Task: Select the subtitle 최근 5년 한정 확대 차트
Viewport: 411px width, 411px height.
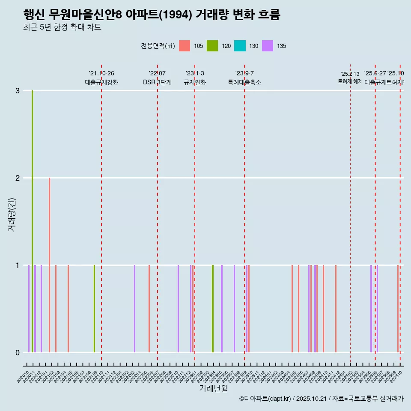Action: [63, 28]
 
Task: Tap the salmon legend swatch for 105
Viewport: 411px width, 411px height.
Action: [184, 46]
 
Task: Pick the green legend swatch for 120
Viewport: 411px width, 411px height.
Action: [212, 46]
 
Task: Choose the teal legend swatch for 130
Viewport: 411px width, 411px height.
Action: [240, 46]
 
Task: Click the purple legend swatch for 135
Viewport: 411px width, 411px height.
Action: [268, 46]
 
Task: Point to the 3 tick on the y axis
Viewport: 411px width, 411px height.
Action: [18, 91]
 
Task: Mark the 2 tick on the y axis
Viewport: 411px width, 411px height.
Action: [18, 178]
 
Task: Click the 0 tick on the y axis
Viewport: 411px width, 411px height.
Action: [18, 353]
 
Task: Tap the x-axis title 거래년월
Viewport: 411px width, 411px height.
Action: [213, 389]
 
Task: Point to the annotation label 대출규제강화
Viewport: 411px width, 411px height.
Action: [101, 83]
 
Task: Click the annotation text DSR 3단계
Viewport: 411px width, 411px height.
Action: [157, 83]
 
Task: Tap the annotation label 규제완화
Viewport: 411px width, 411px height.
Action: [195, 83]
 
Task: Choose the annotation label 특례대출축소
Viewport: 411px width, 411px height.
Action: [244, 83]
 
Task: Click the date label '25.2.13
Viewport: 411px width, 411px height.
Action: [350, 74]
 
